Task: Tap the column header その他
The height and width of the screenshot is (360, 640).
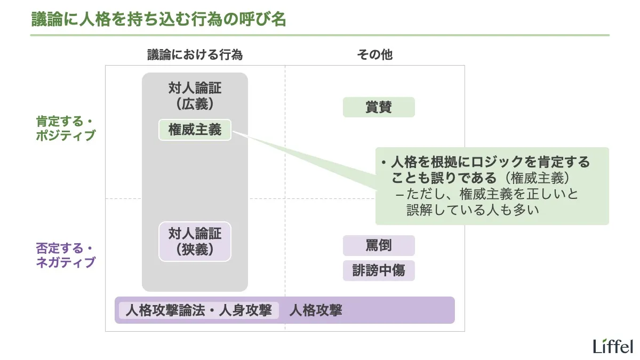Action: pyautogui.click(x=374, y=54)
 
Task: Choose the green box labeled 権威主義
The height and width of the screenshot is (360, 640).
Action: pyautogui.click(x=195, y=130)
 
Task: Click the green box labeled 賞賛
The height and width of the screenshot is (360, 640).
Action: pyautogui.click(x=379, y=107)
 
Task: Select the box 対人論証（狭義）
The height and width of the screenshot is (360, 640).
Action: pyautogui.click(x=195, y=241)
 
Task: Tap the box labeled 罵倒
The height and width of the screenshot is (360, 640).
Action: pyautogui.click(x=379, y=246)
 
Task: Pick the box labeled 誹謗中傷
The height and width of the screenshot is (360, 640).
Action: pyautogui.click(x=379, y=270)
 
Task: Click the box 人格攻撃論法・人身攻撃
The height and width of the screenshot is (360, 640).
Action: pyautogui.click(x=198, y=310)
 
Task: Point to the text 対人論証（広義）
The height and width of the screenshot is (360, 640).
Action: pyautogui.click(x=195, y=96)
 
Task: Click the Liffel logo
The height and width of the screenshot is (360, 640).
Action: pyautogui.click(x=613, y=346)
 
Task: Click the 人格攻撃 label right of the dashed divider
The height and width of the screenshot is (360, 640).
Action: pyautogui.click(x=315, y=310)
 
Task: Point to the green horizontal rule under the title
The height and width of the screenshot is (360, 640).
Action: pyautogui.click(x=320, y=35)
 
